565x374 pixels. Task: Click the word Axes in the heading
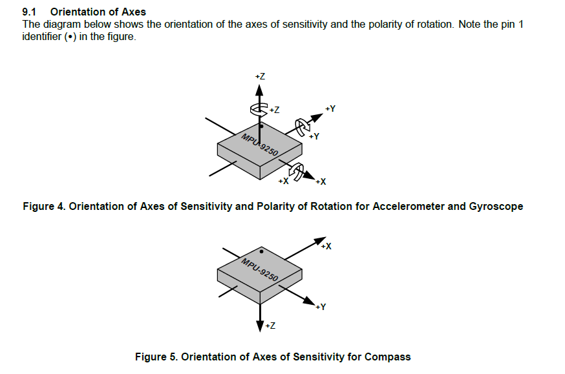(133, 12)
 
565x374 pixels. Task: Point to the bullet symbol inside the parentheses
(67, 36)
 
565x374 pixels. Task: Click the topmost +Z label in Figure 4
(260, 76)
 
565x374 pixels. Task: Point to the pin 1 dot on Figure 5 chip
(261, 251)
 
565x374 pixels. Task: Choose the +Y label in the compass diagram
(320, 306)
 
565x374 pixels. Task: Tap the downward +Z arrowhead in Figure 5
(260, 326)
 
